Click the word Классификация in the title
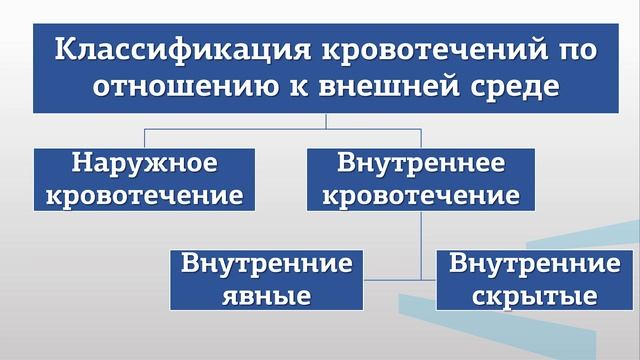tap(169, 49)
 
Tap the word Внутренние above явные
tap(266, 266)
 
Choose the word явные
tap(266, 296)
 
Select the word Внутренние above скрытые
tap(536, 266)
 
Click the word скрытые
tap(536, 296)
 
